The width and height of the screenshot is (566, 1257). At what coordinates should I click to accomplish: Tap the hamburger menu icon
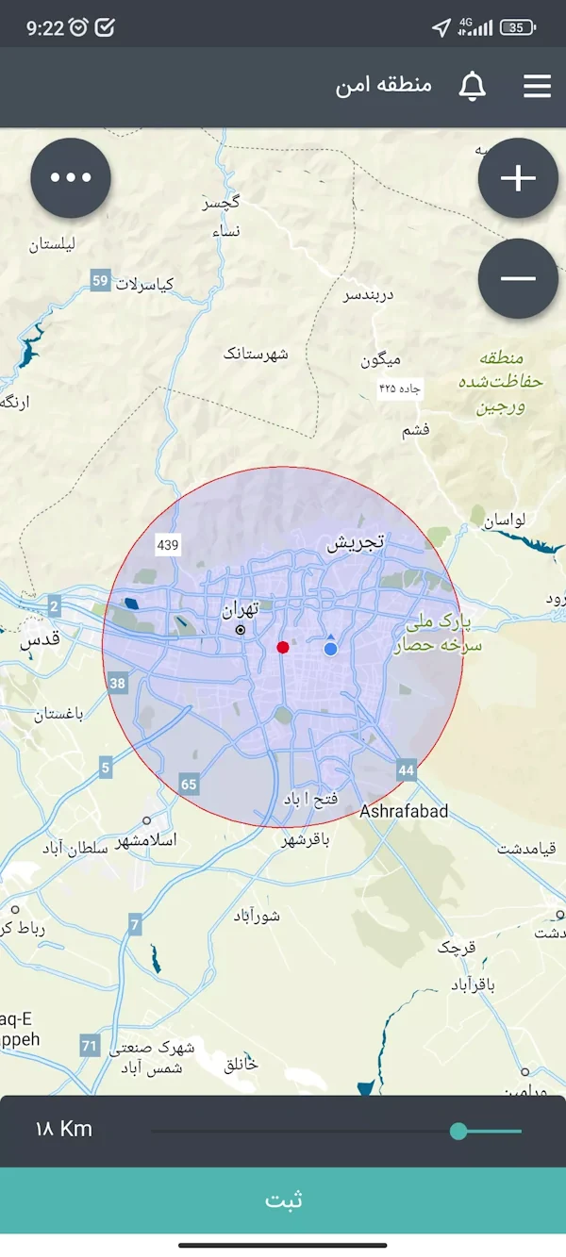(537, 87)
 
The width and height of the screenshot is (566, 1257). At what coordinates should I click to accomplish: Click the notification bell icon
(472, 87)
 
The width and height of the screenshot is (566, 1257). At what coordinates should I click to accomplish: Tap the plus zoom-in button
(518, 178)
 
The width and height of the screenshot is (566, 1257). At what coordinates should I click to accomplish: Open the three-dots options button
(71, 178)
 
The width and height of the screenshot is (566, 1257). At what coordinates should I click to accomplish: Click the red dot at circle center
(283, 646)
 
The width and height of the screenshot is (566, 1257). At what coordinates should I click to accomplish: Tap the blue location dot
(330, 649)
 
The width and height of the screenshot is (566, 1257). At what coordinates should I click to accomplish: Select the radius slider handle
(458, 1131)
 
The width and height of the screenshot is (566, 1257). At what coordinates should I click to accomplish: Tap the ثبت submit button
(283, 1200)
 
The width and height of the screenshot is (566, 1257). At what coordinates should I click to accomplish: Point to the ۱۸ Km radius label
(63, 1129)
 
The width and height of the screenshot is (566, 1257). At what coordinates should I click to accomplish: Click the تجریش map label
(356, 543)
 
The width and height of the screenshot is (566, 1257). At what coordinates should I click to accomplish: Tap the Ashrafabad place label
(404, 811)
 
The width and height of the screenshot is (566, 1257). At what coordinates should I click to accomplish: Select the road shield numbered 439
(168, 545)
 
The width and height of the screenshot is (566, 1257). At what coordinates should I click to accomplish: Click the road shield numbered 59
(101, 280)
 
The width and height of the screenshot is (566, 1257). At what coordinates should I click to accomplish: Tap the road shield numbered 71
(90, 1045)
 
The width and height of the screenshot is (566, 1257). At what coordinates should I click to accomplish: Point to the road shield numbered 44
(407, 770)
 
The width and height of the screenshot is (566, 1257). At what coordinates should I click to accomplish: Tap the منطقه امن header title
(384, 86)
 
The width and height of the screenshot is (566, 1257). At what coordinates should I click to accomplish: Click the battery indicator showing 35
(518, 27)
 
